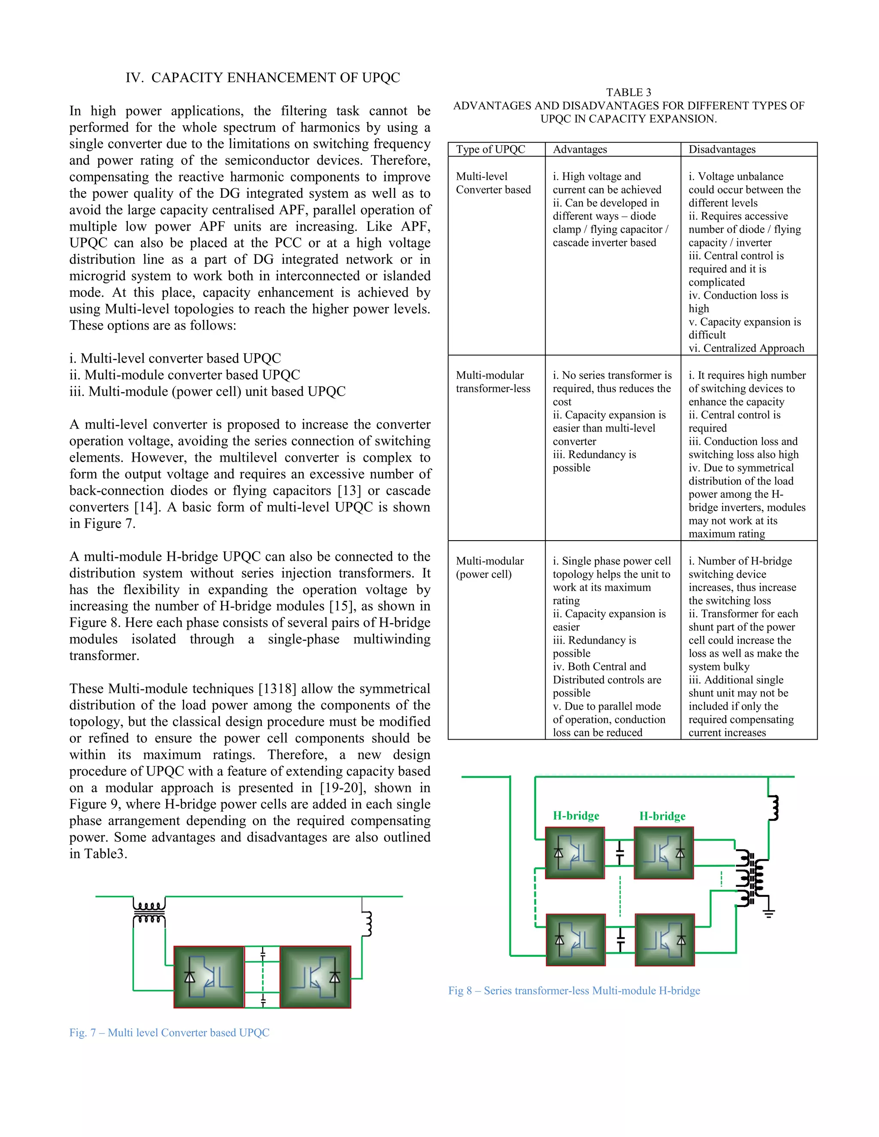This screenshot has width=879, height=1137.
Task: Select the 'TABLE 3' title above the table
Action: click(628, 93)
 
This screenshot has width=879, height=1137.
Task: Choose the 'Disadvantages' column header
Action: click(722, 149)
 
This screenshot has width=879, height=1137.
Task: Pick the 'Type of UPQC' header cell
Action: click(491, 149)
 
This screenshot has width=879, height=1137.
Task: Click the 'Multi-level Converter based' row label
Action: click(493, 183)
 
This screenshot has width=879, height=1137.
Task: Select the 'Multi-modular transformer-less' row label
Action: click(493, 381)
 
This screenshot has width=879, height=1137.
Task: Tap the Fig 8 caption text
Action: click(574, 990)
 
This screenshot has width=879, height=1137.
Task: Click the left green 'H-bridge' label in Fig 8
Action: click(576, 816)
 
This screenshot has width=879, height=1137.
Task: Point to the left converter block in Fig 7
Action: click(209, 977)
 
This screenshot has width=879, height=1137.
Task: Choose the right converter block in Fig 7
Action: click(315, 977)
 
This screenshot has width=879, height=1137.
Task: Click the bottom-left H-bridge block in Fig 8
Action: click(576, 940)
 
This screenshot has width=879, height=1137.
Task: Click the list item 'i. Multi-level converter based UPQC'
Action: click(175, 359)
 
